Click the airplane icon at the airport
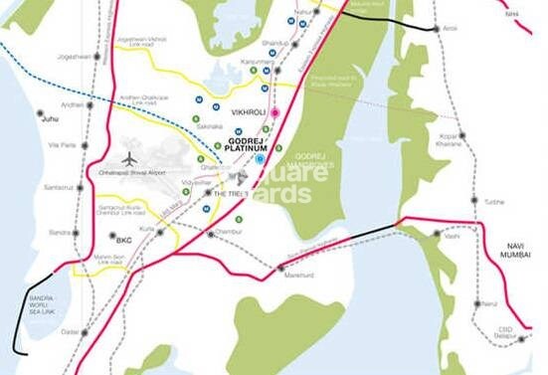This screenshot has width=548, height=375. (x=129, y=159)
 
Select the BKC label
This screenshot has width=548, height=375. (x=123, y=239)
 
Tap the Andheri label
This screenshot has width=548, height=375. (x=45, y=104)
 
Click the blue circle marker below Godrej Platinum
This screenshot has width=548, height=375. (x=260, y=158)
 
